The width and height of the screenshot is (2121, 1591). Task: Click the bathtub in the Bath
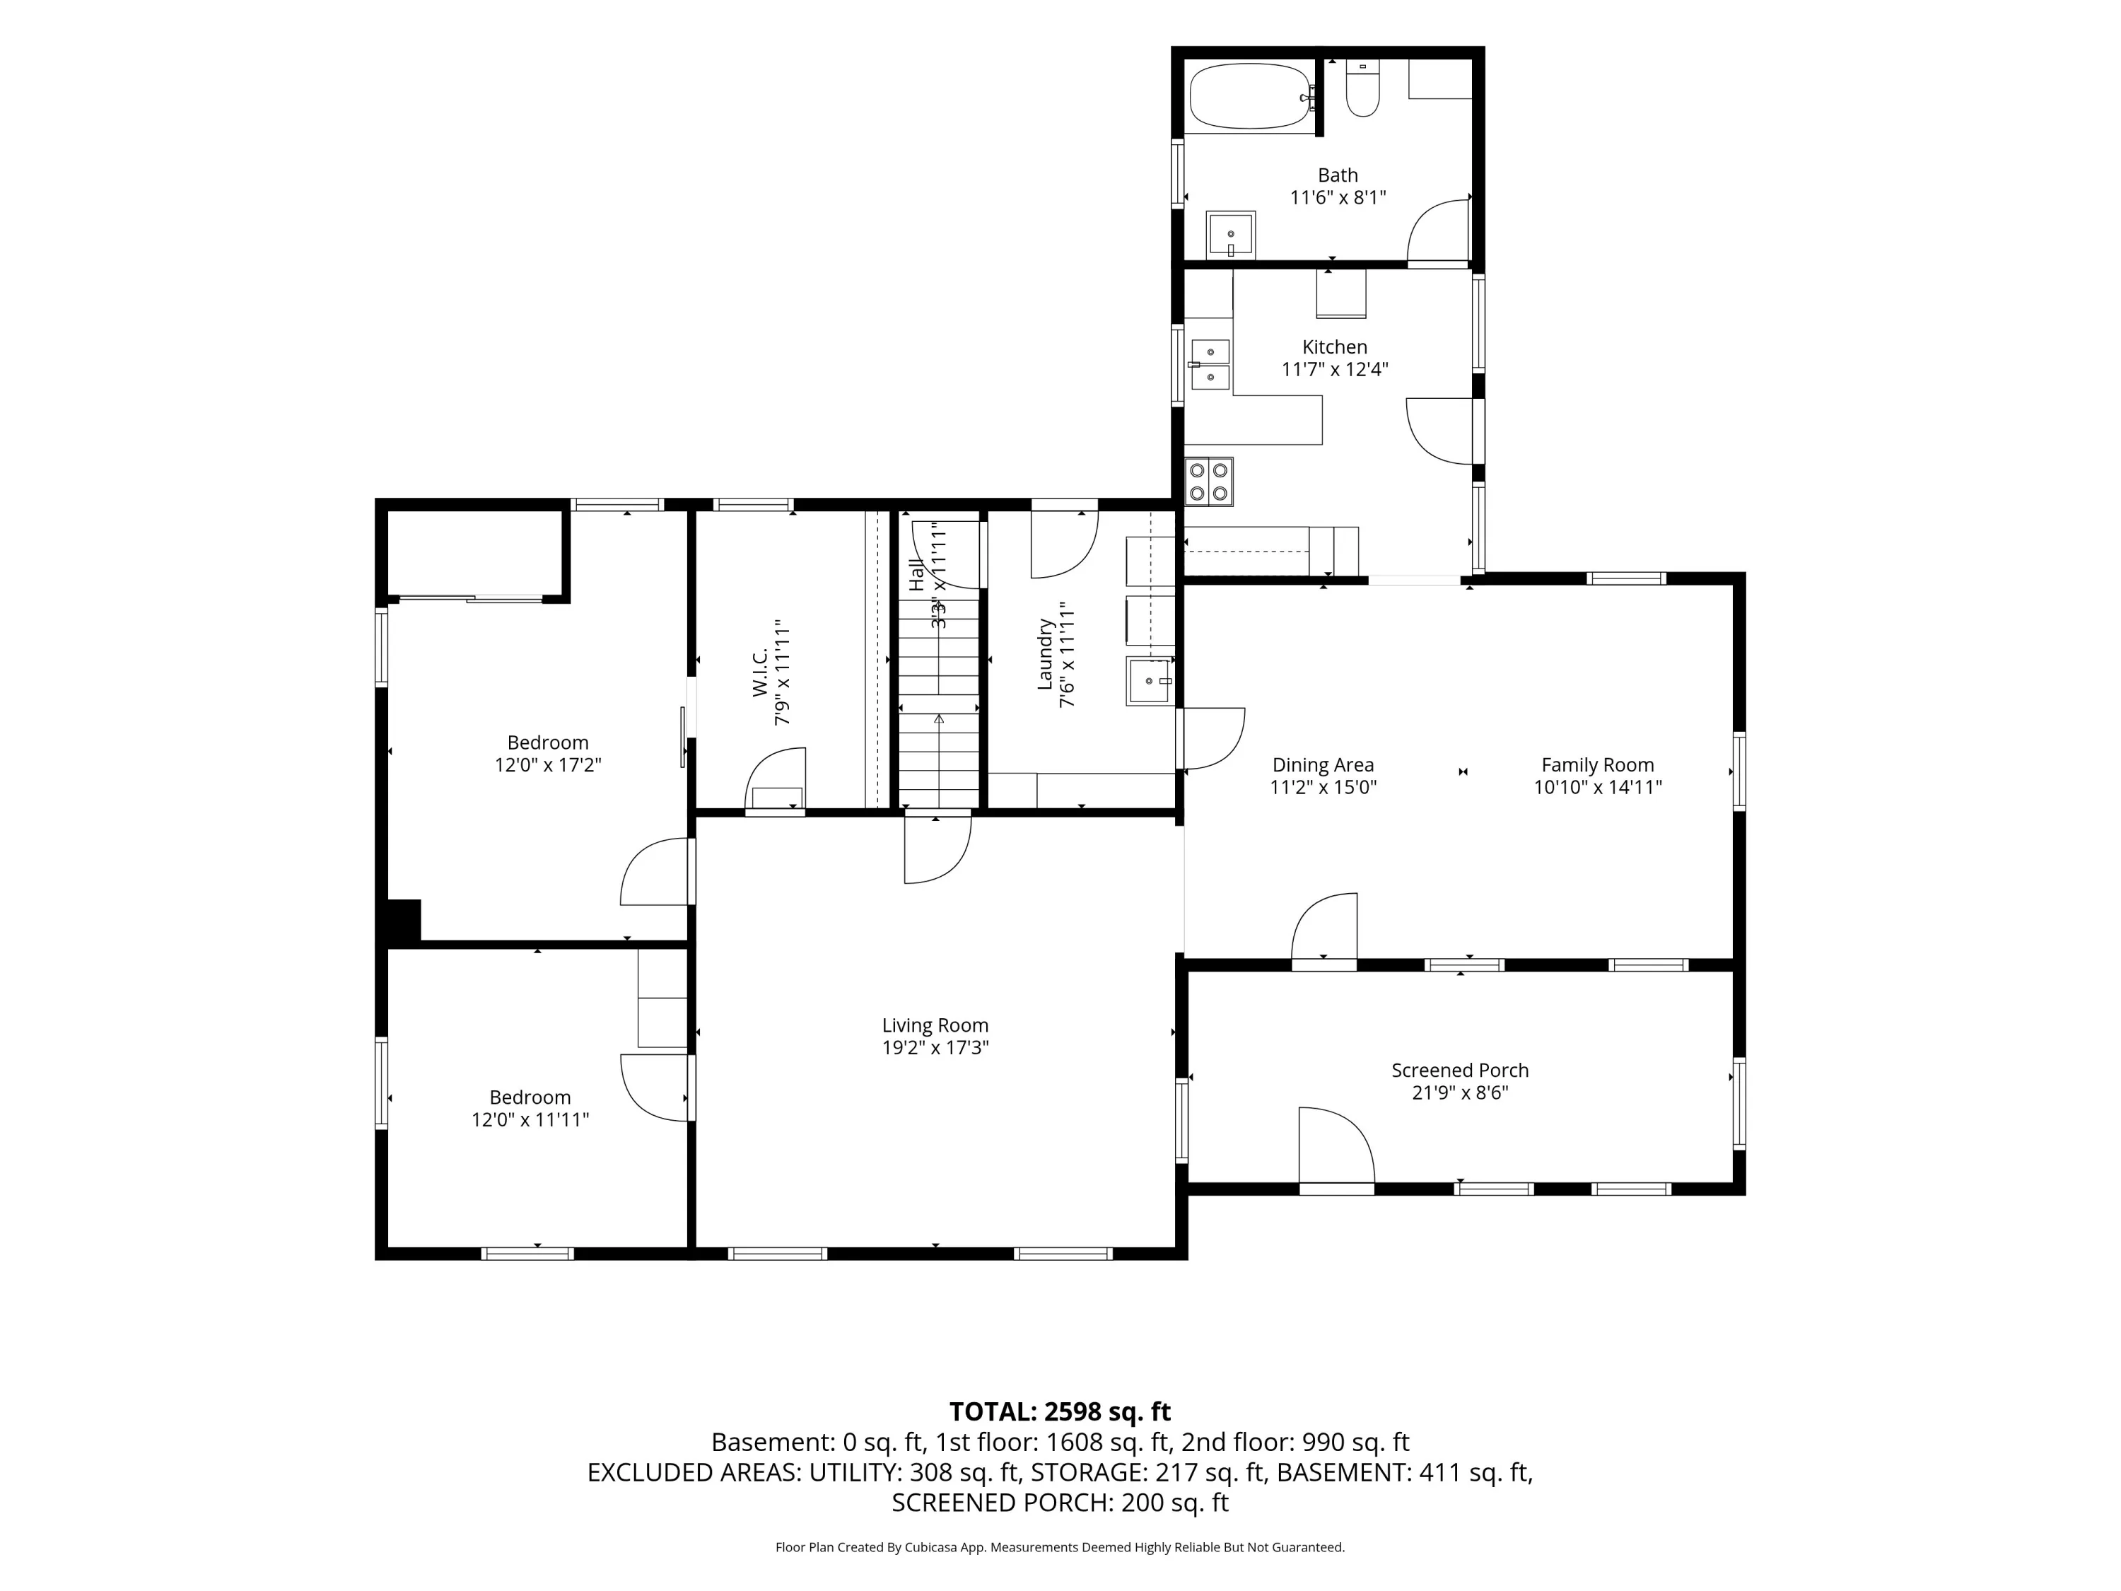1249,96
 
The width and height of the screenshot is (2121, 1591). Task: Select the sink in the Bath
1230,235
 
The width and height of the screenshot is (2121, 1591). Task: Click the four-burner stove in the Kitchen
1209,482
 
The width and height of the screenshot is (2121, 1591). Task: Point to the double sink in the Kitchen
1210,364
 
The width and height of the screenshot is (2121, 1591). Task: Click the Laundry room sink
1150,681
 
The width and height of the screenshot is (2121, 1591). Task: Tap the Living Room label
935,1025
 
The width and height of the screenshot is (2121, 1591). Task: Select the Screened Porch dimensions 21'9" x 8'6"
1459,1092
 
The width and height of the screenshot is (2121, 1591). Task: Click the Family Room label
1597,765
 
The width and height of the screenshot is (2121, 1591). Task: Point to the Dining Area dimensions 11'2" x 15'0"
1324,787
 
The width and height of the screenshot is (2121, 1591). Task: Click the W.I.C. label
760,673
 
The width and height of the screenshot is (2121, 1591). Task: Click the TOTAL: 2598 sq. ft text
1060,1411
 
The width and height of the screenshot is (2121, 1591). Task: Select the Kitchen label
1335,347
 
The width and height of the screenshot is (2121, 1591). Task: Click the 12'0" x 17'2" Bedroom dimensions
547,765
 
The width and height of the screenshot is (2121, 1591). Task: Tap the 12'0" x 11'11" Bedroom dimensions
530,1120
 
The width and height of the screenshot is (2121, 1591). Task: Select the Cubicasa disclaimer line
1060,1547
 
